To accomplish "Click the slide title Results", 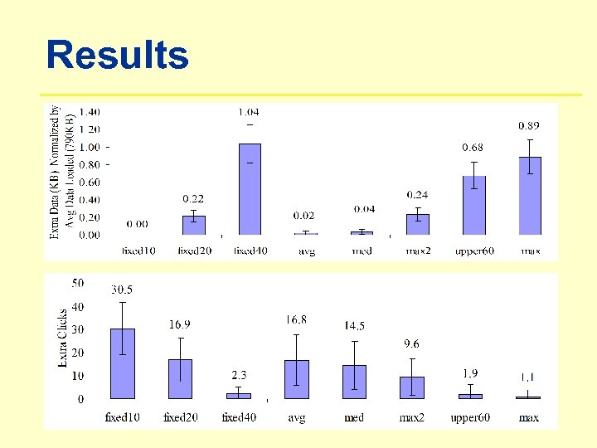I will [117, 56].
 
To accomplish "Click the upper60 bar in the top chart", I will [473, 205].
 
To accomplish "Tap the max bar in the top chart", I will [530, 196].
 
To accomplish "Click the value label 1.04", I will [248, 112].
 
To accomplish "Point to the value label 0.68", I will [472, 148].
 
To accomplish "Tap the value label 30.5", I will [122, 290].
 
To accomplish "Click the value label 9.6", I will [411, 343].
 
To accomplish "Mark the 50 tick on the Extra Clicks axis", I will [77, 284].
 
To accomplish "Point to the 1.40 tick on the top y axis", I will [90, 112].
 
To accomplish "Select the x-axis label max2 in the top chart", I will [418, 251].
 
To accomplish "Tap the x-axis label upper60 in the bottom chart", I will [470, 417].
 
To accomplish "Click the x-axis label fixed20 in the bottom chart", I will [180, 417].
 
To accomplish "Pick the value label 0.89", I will [529, 125].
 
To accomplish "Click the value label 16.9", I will [180, 324].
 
